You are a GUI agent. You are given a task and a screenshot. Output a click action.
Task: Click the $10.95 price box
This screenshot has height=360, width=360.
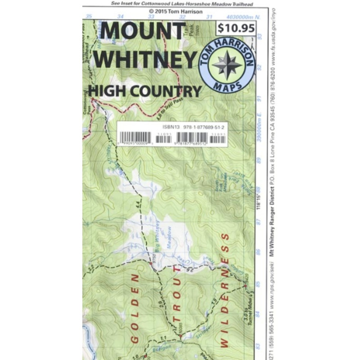tap(236, 28)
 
